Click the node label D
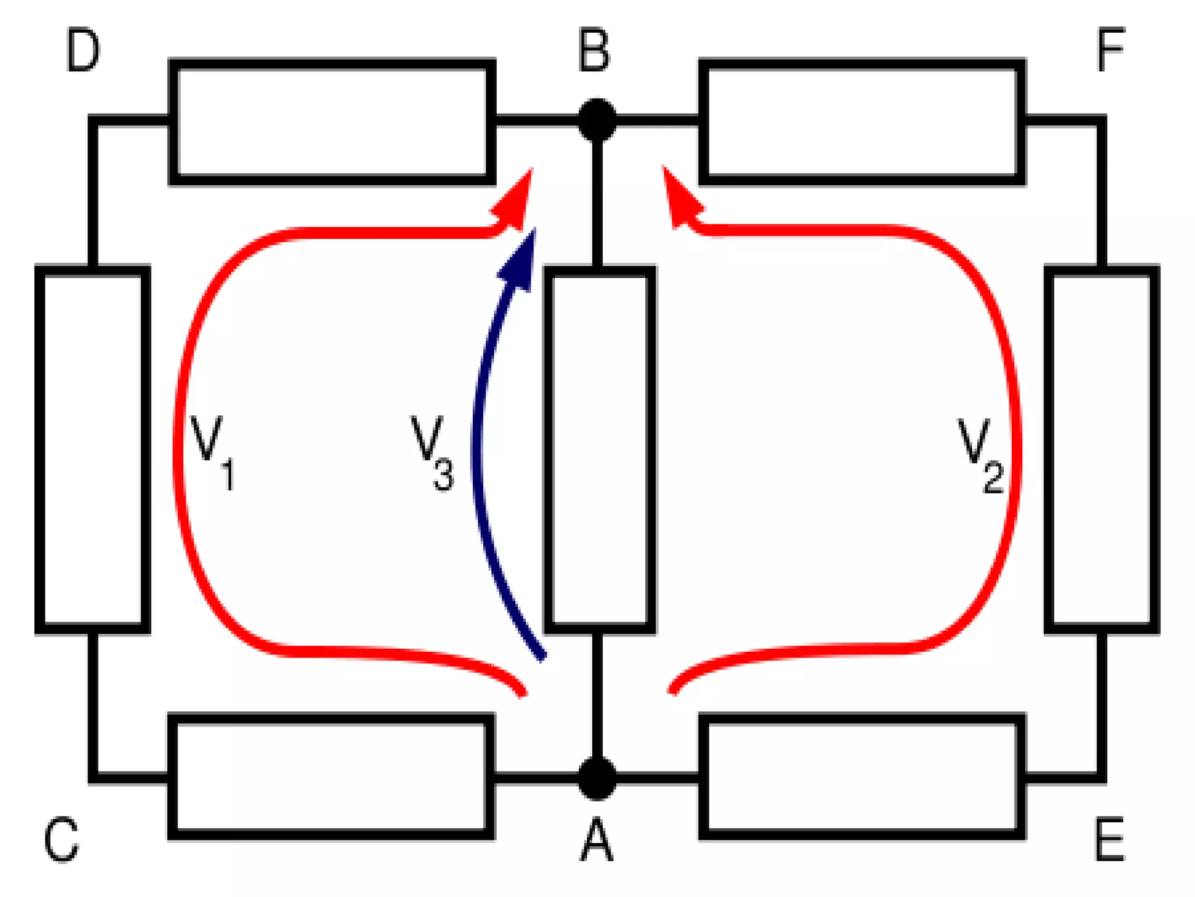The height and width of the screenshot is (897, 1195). (x=83, y=51)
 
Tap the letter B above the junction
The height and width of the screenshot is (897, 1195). (x=594, y=51)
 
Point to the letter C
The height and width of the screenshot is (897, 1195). (x=61, y=840)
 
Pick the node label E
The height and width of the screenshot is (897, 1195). (x=1109, y=840)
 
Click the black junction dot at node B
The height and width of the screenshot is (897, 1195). (x=597, y=120)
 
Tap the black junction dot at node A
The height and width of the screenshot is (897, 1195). (x=597, y=778)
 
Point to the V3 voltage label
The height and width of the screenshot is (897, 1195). (x=432, y=453)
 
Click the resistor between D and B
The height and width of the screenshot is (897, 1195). (x=332, y=121)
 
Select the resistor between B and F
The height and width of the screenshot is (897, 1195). (x=862, y=121)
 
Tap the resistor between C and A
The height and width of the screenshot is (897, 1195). (x=331, y=777)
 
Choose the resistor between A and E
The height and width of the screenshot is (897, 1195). (x=862, y=777)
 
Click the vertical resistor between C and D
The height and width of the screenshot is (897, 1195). (x=93, y=449)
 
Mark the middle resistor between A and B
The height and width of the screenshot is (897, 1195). (x=599, y=449)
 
